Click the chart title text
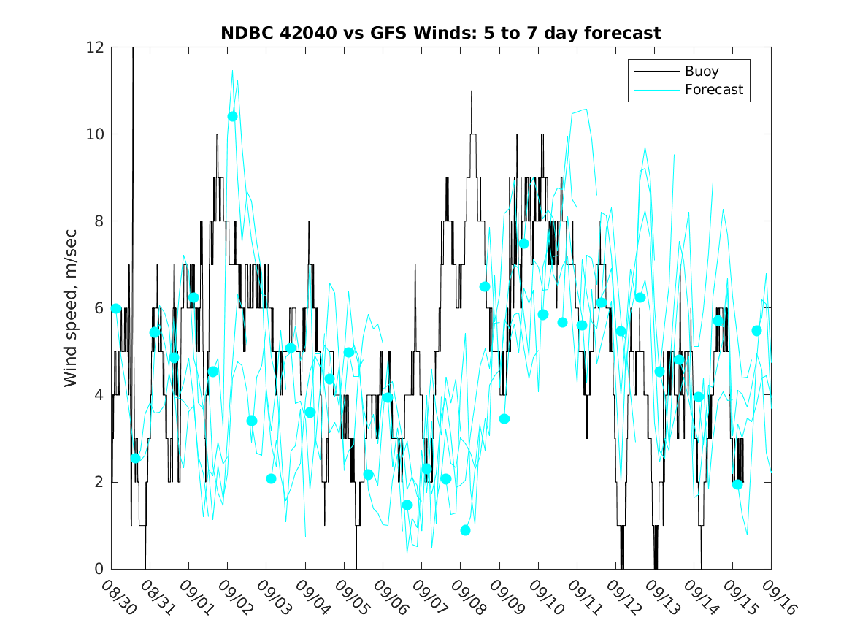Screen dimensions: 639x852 (x=441, y=33)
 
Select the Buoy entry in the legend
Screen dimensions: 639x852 (x=701, y=72)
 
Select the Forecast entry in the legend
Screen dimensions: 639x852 (x=713, y=90)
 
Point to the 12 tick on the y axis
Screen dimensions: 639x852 (x=96, y=47)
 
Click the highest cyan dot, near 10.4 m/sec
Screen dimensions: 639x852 (x=232, y=116)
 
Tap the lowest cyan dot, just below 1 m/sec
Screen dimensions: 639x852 (x=465, y=530)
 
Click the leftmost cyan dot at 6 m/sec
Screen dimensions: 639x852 (x=116, y=308)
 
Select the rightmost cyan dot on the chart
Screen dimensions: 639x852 (x=756, y=331)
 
